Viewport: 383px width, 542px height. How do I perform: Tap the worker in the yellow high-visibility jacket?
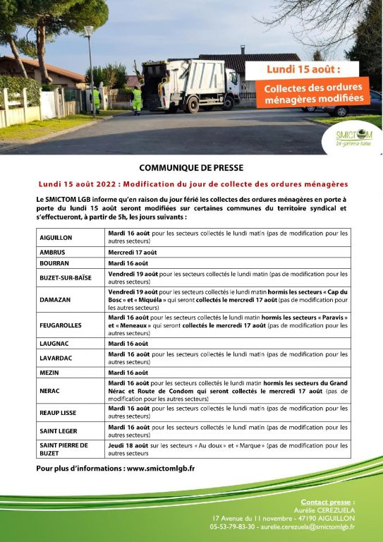(138, 99)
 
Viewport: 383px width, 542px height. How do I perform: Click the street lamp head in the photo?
(88, 30)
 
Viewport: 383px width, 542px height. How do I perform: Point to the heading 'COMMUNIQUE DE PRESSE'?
(191, 168)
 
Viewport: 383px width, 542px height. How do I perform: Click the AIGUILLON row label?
(56, 237)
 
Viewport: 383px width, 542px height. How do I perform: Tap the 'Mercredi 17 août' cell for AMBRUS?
(131, 251)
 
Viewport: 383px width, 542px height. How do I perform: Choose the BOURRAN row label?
(54, 263)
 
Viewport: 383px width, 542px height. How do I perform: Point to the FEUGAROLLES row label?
(61, 325)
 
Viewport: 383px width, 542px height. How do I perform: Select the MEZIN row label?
(49, 372)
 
